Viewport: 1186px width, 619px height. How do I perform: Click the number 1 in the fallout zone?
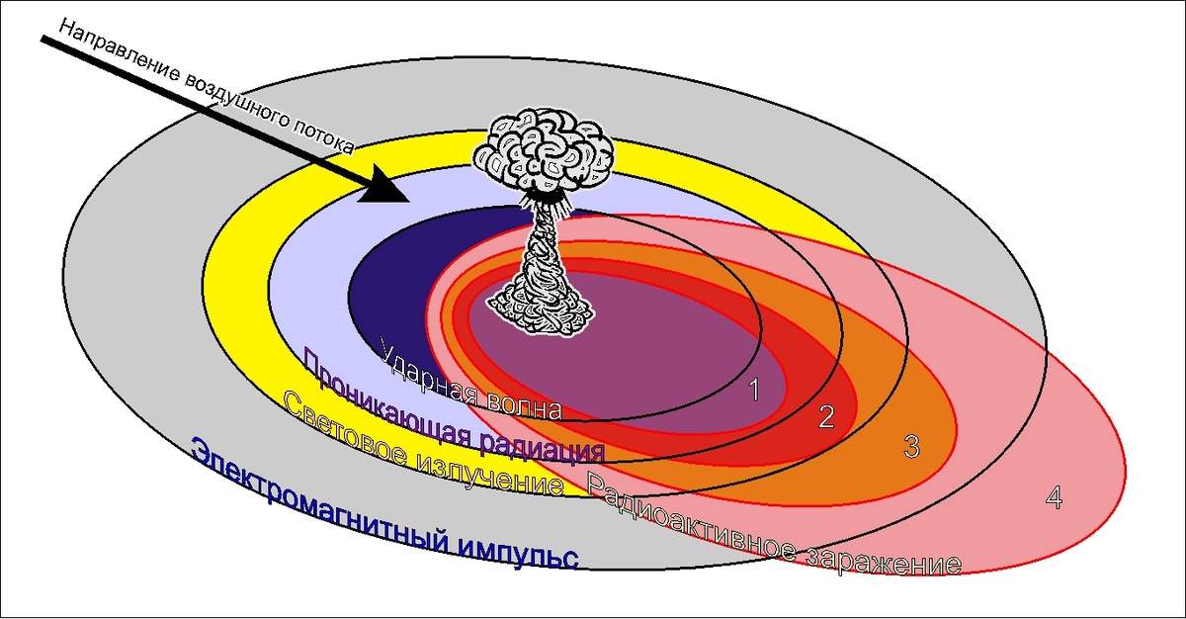pos(753,391)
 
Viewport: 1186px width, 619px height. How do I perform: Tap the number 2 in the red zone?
pos(826,417)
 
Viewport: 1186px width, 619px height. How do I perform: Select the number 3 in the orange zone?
pos(911,447)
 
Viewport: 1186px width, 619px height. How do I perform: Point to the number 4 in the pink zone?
pos(1054,499)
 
